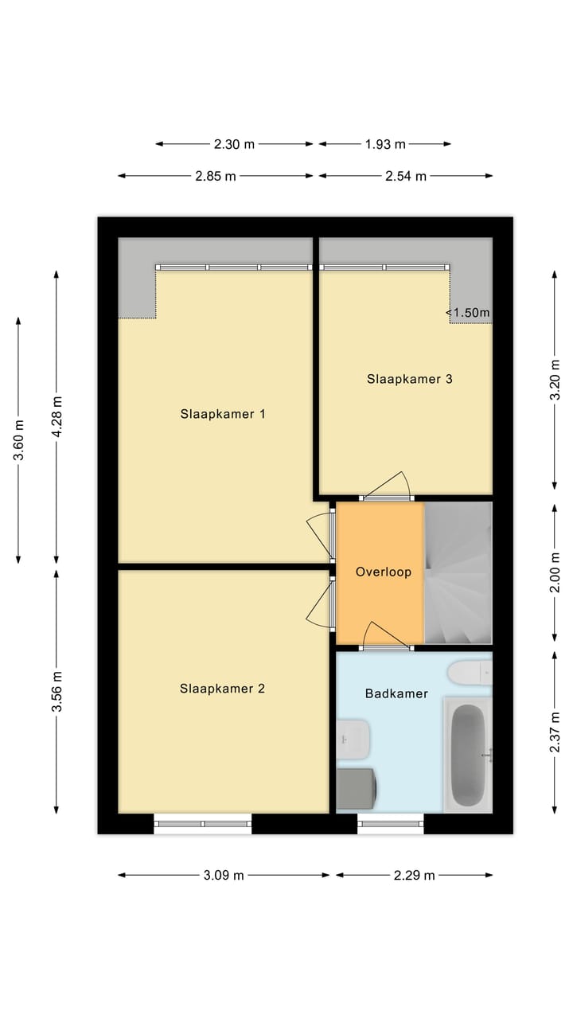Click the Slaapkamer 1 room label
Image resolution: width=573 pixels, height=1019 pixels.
[x=222, y=414]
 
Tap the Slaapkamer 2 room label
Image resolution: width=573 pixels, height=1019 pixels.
[x=222, y=689]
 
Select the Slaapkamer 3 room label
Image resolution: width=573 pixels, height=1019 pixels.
[x=409, y=379]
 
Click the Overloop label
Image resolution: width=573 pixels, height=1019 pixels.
[x=383, y=572]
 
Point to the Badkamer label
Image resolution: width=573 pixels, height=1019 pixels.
[x=396, y=693]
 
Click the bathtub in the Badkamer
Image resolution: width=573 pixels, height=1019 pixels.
[x=468, y=754]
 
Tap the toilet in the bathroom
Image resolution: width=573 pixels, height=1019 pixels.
[x=469, y=673]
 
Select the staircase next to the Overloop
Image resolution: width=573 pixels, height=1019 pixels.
[x=458, y=572]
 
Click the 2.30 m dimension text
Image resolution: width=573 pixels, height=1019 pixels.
[x=234, y=144]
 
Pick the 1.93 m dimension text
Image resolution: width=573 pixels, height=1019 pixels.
[x=385, y=144]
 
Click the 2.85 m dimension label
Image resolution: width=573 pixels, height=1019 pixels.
[x=215, y=176]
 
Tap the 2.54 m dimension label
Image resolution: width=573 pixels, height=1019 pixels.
[x=406, y=176]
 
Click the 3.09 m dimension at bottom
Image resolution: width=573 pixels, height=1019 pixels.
[x=224, y=875]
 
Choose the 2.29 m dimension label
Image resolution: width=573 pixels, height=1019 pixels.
[x=414, y=875]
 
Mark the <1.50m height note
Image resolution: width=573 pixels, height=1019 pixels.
[x=468, y=313]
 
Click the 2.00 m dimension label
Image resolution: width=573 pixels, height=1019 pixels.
[x=555, y=572]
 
